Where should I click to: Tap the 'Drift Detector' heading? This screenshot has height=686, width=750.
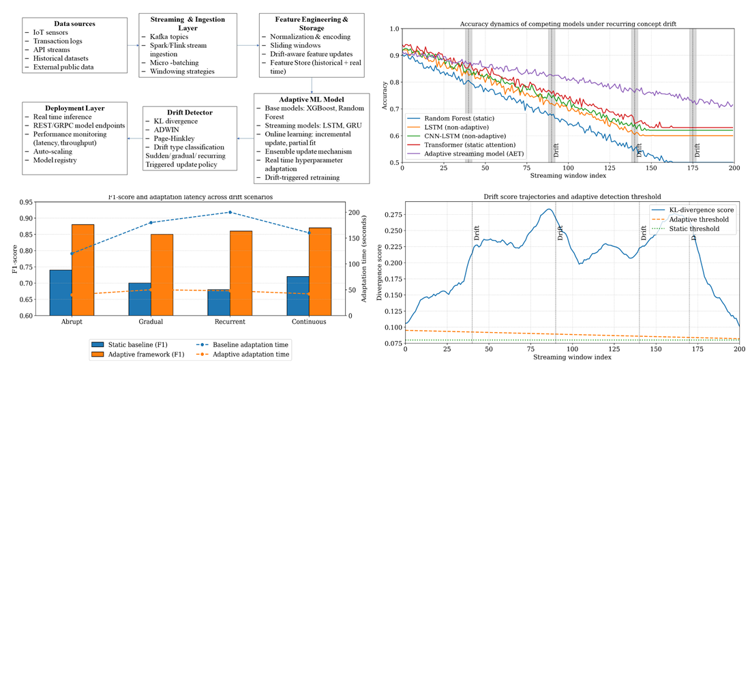(x=189, y=112)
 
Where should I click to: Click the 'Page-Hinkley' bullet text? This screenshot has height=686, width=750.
(x=174, y=138)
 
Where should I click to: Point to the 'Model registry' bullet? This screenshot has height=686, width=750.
(x=55, y=160)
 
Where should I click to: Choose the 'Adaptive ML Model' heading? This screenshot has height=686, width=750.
(x=311, y=100)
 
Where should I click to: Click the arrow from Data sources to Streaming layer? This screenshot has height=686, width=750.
(x=133, y=45)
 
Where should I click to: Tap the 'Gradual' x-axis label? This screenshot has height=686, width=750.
(x=151, y=322)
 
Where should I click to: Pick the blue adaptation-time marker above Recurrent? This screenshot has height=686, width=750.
(x=230, y=212)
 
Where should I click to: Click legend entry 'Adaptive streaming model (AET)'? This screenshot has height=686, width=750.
(x=473, y=153)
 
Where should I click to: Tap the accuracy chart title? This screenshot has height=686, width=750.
(x=568, y=24)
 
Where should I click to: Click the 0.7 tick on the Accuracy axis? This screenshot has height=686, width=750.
(x=395, y=109)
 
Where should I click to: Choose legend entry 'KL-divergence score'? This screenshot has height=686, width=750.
(x=701, y=210)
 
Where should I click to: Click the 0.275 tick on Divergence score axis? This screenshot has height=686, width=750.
(x=392, y=214)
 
